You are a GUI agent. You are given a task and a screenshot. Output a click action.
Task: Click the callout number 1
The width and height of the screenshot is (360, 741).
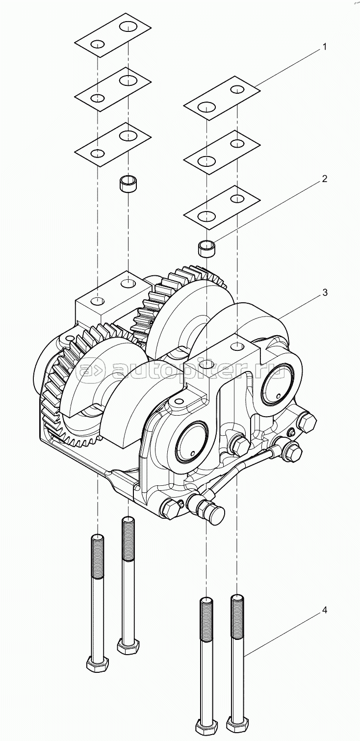[324, 47]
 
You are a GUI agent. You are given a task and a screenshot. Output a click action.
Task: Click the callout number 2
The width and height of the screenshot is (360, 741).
[324, 179]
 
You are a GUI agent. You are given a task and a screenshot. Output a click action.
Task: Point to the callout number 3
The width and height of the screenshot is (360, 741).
[324, 292]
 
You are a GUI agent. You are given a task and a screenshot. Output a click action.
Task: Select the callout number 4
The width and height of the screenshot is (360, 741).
[324, 611]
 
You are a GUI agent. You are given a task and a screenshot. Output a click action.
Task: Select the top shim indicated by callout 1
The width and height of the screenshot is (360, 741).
[221, 98]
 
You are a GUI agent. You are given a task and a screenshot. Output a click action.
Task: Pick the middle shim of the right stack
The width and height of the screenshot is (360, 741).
[221, 152]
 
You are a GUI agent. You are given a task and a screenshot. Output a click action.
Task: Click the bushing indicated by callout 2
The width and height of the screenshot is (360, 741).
[206, 247]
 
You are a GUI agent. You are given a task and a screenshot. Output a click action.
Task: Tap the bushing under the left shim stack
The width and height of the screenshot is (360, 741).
[129, 185]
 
